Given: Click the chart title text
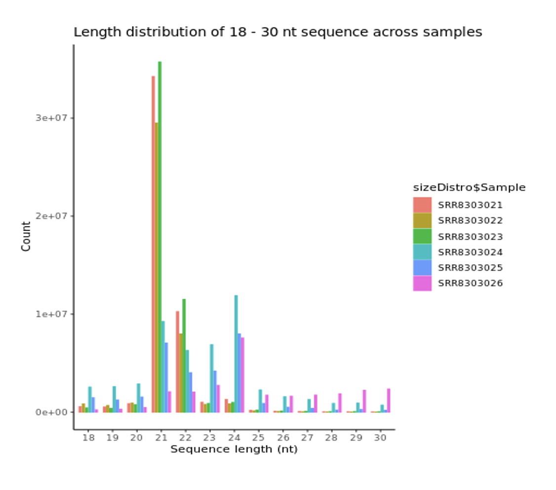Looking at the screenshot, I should pos(278,33).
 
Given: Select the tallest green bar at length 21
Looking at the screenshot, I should pos(159,237).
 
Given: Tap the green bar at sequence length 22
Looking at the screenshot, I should pos(184,356).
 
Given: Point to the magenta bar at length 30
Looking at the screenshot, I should pos(389,400).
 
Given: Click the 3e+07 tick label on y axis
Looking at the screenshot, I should pos(51,118).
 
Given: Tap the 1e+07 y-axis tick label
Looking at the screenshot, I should pos(51,314).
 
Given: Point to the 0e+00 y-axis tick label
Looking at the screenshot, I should pos(51,412).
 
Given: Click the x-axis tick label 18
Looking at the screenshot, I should pos(88,438).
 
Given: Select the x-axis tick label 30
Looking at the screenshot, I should pos(380,438).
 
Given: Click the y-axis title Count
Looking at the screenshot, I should pos(26,236).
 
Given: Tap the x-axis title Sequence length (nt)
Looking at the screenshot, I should pos(234,449).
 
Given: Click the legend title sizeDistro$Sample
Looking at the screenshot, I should pos(469,188).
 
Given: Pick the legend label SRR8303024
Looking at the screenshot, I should pos(470,252).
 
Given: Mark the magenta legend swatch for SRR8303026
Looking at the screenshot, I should pos(422,284).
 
